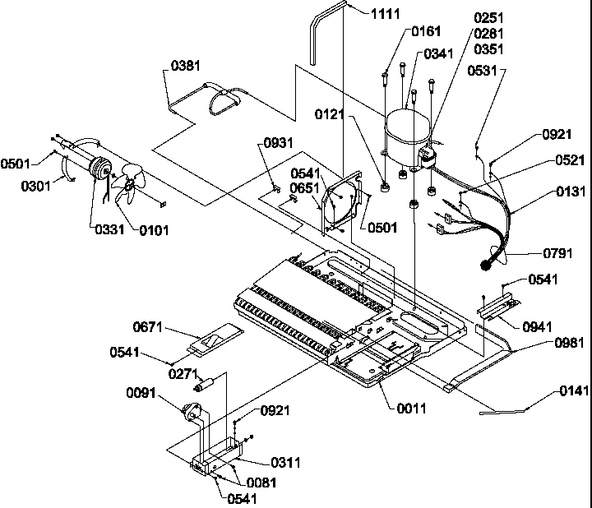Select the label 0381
(x=186, y=65)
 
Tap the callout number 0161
(x=424, y=31)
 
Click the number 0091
(x=142, y=392)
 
